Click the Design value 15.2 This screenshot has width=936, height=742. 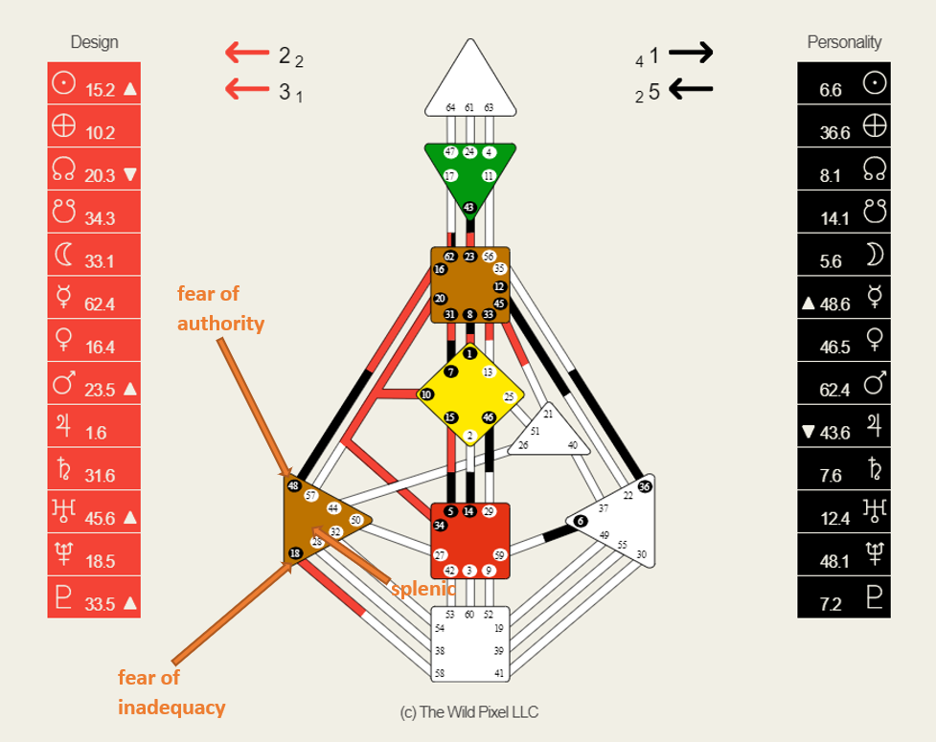pyautogui.click(x=101, y=91)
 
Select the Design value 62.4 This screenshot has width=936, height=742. pyautogui.click(x=101, y=304)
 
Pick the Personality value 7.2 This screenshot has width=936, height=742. pyautogui.click(x=831, y=603)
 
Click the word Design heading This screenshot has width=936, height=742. pyautogui.click(x=94, y=42)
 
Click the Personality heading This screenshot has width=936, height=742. pyautogui.click(x=844, y=42)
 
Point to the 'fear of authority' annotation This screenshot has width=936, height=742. pyautogui.click(x=220, y=308)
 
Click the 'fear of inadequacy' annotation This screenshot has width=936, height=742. pyautogui.click(x=171, y=692)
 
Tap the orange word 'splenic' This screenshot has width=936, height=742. pyautogui.click(x=422, y=588)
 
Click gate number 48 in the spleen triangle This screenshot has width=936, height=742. pyautogui.click(x=294, y=485)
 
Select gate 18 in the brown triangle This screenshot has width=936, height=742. pyautogui.click(x=295, y=553)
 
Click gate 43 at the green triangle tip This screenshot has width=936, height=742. pyautogui.click(x=469, y=208)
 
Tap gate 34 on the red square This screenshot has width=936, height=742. pyautogui.click(x=440, y=526)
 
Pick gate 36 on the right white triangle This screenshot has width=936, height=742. pyautogui.click(x=644, y=486)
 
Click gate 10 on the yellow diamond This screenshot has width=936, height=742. pyautogui.click(x=426, y=394)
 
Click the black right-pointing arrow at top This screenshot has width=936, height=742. pyautogui.click(x=691, y=54)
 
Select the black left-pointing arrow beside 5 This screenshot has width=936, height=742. pyautogui.click(x=691, y=90)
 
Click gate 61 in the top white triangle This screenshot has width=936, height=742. pyautogui.click(x=469, y=107)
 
